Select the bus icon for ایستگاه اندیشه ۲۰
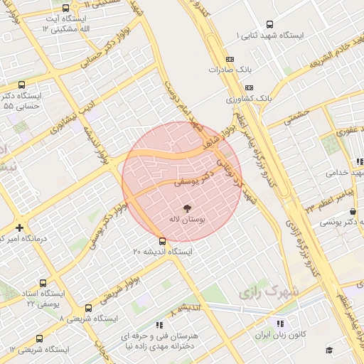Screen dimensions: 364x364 point(163,240)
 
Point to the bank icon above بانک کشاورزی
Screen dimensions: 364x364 point(229,85)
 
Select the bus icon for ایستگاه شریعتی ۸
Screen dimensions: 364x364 point(88,308)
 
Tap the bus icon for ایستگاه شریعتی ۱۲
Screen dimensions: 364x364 point(38,339)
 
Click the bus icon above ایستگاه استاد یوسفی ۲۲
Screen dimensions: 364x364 point(43,282)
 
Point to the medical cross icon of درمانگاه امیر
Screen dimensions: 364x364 point(18,228)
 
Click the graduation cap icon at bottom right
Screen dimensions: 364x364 point(329,350)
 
